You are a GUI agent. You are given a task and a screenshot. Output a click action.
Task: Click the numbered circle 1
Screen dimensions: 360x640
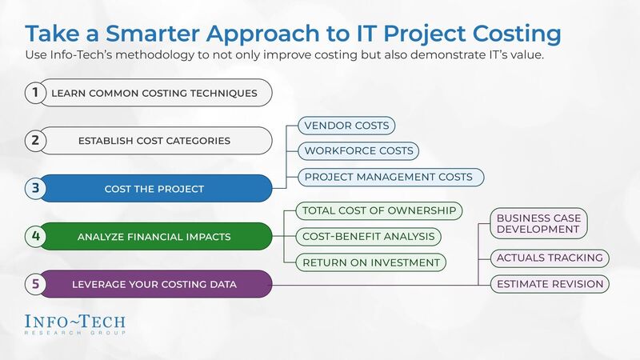pyautogui.click(x=35, y=93)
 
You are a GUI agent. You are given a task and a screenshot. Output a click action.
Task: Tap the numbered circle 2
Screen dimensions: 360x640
pyautogui.click(x=35, y=141)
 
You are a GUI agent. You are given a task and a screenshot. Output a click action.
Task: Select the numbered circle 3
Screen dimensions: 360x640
pyautogui.click(x=35, y=189)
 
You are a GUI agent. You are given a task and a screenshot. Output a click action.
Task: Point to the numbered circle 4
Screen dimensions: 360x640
pyautogui.click(x=35, y=236)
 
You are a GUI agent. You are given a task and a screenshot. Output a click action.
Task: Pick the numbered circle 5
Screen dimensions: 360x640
pyautogui.click(x=35, y=283)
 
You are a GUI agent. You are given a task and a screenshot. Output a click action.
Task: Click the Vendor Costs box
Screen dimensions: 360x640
pyautogui.click(x=346, y=126)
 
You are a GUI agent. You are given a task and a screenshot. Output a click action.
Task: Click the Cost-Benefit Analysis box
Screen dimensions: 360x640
pyautogui.click(x=369, y=236)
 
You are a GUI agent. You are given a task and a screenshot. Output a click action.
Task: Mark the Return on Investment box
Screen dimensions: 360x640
pyautogui.click(x=370, y=262)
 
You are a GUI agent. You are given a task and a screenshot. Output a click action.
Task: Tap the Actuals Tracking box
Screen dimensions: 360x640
pyautogui.click(x=549, y=258)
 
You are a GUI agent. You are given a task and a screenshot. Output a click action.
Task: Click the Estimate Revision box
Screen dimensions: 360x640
pyautogui.click(x=550, y=283)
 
